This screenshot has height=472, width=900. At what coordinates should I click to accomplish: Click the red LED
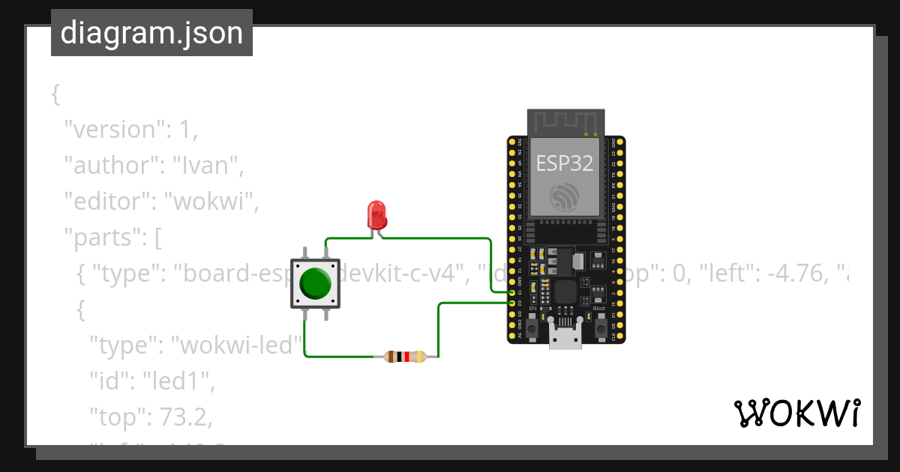[376, 216]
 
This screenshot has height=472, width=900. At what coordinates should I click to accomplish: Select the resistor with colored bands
[405, 357]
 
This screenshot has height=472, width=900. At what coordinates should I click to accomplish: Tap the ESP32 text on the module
[565, 163]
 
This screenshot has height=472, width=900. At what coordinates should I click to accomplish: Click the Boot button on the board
[600, 327]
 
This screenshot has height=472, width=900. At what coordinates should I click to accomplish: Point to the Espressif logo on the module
[565, 197]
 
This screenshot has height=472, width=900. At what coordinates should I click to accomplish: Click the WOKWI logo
[796, 413]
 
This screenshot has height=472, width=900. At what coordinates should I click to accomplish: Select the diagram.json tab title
[151, 34]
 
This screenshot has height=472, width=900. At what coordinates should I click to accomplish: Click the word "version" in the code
[113, 130]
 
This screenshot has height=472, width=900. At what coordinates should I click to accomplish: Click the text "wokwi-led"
[238, 345]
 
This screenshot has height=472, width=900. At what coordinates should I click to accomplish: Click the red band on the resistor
[406, 357]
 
